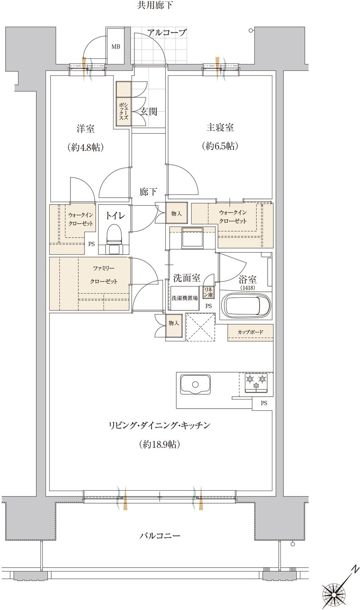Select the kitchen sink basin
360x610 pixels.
195,384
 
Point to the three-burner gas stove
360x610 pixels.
256,383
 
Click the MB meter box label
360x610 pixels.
116,46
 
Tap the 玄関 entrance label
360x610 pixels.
149,111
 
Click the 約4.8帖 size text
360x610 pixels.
86,147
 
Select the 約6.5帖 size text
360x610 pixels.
220,146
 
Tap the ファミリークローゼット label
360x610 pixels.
104,275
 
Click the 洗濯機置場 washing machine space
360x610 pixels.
185,298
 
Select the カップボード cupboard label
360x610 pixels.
250,332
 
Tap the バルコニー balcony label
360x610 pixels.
160,536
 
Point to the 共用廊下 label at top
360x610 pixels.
155,5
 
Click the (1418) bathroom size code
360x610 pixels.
247,287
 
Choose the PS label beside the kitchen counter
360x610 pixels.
264,403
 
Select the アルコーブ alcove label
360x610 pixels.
167,33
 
